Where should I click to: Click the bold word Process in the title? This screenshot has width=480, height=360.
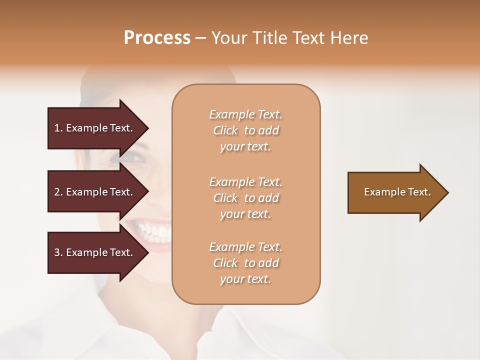click(x=157, y=38)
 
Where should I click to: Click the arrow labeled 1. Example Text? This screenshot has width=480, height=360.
click(x=95, y=128)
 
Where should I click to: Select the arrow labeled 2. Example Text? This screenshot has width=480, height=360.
click(x=95, y=192)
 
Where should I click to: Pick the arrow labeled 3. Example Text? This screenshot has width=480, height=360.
click(x=95, y=252)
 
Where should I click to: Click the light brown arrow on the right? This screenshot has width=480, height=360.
click(x=395, y=192)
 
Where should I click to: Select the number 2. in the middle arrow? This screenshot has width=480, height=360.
click(x=58, y=192)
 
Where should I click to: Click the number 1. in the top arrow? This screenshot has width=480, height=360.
click(x=58, y=128)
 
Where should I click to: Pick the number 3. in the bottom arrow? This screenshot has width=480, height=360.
click(x=58, y=252)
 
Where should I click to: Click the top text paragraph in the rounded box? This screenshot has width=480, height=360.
click(x=245, y=130)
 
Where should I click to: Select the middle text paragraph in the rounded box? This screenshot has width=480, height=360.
click(x=245, y=198)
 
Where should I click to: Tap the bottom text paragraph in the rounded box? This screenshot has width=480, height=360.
click(x=245, y=263)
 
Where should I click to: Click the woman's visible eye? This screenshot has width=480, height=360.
click(x=132, y=157)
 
